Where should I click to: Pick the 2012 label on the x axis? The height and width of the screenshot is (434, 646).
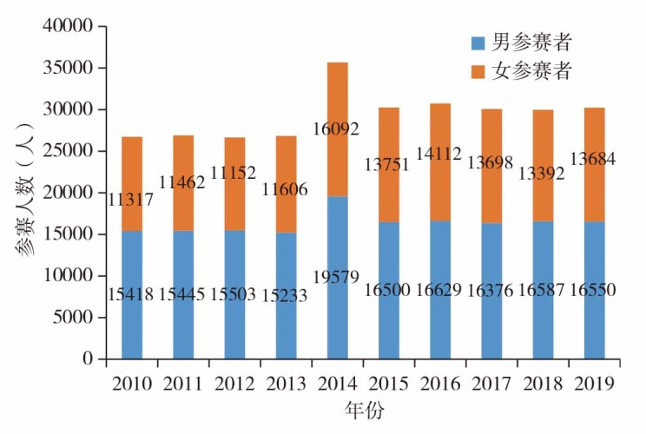coord(234,384)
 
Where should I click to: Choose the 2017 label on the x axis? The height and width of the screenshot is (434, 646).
coord(490,384)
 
